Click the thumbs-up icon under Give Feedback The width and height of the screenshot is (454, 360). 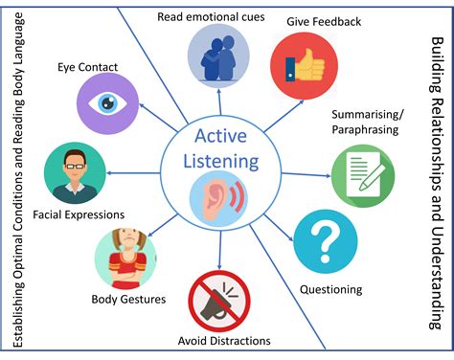point(305,65)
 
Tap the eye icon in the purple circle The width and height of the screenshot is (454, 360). point(108,102)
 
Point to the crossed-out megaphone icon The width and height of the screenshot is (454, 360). point(219,302)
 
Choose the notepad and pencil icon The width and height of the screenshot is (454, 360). point(365,174)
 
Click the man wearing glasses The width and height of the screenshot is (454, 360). point(75,175)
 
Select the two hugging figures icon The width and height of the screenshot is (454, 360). point(218,58)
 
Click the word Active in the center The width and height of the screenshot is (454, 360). point(220,136)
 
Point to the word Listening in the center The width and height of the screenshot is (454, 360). point(221,162)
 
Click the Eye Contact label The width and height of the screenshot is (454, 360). point(87,67)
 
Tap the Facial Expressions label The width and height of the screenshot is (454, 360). point(79,214)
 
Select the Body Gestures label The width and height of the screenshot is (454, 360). point(128,300)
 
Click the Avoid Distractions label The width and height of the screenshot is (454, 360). point(224,341)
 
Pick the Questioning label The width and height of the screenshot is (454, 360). point(330,290)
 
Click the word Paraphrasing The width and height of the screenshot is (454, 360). point(365,130)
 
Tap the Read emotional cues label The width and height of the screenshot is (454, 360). point(211,17)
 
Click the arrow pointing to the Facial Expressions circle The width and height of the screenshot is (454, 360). point(133,173)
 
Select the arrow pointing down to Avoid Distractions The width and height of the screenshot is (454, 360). point(219,250)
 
